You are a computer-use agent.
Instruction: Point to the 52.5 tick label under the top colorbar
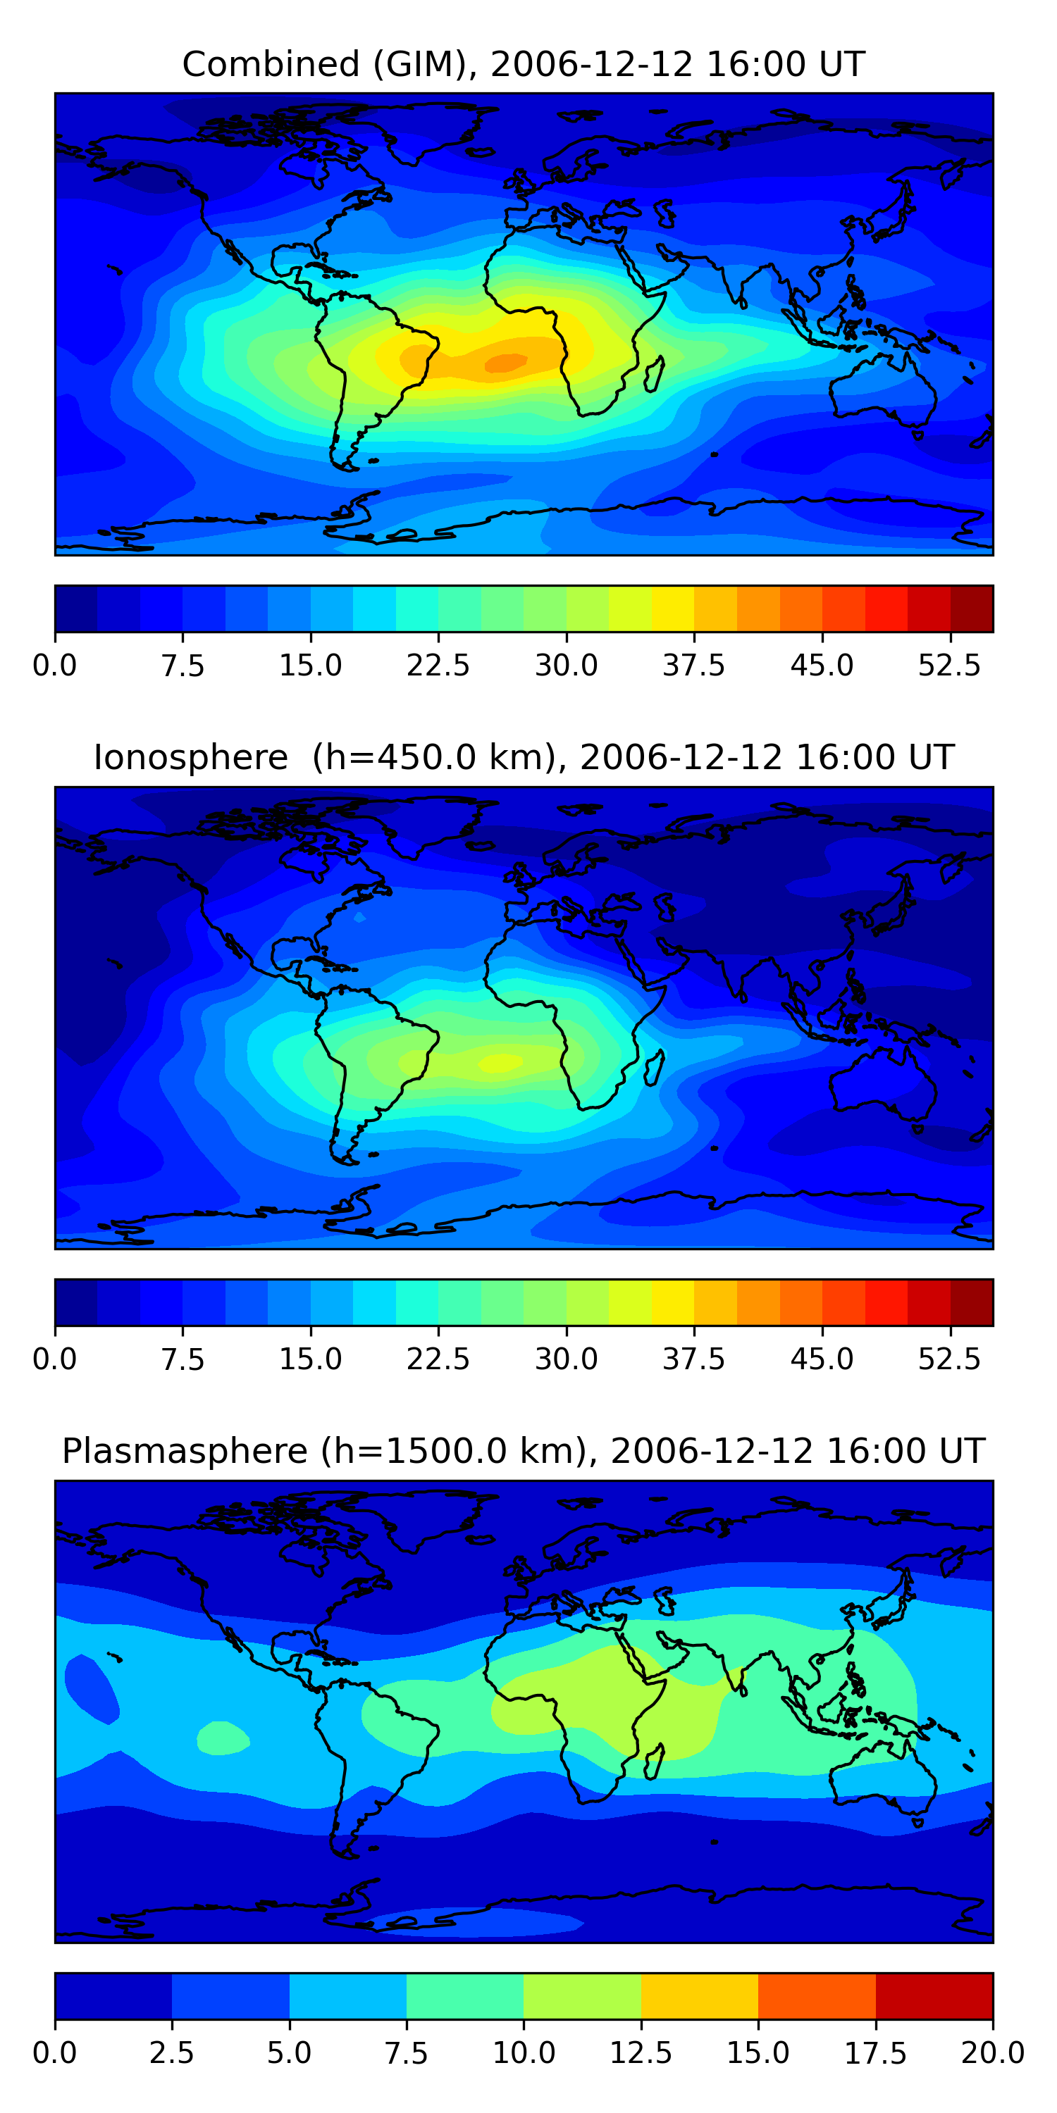click(x=949, y=665)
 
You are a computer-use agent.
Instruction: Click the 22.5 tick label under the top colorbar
click(x=438, y=665)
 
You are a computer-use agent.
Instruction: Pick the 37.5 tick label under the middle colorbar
click(x=694, y=1359)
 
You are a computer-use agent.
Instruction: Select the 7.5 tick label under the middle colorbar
click(x=183, y=1359)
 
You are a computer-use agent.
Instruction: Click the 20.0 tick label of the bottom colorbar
click(x=992, y=2053)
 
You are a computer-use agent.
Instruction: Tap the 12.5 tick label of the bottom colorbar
click(x=641, y=2053)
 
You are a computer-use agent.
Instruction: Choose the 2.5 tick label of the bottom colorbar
click(x=171, y=2053)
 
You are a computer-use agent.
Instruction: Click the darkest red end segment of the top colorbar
click(x=972, y=609)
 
